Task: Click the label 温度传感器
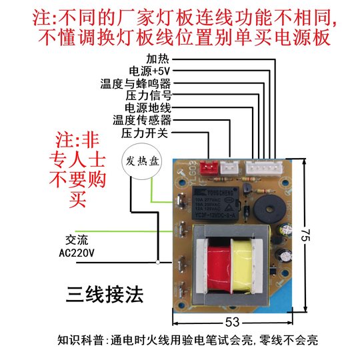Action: point(142,120)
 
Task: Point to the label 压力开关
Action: point(145,133)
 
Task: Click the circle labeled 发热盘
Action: point(139,161)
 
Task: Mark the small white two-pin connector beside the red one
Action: point(229,169)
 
